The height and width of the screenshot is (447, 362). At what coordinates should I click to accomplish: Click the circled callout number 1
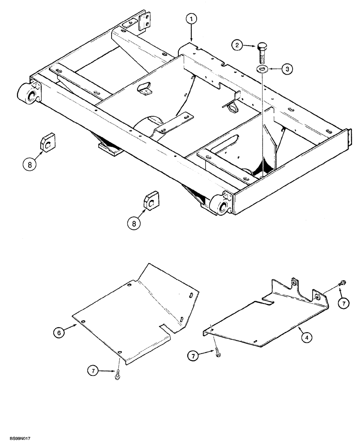(x=191, y=19)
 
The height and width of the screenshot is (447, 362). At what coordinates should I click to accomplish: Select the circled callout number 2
(x=237, y=45)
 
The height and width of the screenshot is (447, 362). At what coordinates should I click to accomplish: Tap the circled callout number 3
(x=288, y=69)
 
